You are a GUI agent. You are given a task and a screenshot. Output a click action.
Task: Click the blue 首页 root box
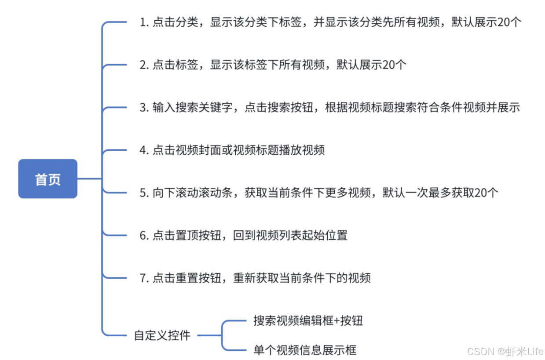pos(48,179)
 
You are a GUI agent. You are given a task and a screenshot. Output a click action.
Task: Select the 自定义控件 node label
pos(162,335)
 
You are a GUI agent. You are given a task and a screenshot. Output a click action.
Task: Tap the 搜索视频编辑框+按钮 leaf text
pos(308,320)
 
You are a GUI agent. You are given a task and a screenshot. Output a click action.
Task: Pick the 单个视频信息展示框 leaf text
pos(304,350)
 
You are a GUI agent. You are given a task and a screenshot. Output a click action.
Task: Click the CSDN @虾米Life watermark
pos(505,351)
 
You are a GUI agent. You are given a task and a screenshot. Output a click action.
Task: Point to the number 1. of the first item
pos(144,23)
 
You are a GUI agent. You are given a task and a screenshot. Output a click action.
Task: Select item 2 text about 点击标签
pos(273,65)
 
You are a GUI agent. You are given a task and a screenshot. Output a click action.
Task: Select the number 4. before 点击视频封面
pos(144,150)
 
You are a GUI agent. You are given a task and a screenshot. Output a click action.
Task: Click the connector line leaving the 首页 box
pos(89,179)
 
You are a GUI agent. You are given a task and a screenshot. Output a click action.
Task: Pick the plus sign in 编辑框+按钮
pos(337,321)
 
